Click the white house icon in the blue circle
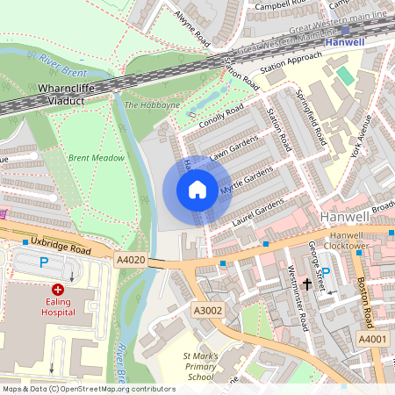click(197, 190)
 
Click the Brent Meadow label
click(96, 158)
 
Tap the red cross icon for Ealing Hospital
click(58, 289)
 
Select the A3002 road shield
click(208, 310)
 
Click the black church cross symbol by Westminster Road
click(307, 284)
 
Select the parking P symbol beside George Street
click(326, 273)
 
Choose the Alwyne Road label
click(192, 28)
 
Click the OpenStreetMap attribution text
click(89, 388)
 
